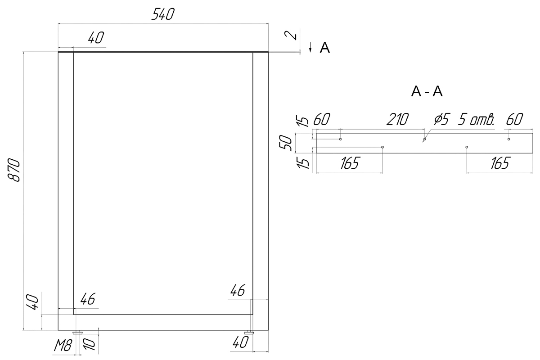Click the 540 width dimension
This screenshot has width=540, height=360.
click(163, 14)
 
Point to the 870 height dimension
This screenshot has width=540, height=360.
click(14, 170)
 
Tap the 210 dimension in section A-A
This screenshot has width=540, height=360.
click(397, 119)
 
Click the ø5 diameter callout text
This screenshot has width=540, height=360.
click(442, 119)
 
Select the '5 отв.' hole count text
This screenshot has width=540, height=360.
click(477, 119)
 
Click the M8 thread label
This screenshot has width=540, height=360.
click(63, 346)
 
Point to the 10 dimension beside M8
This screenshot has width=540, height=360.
click(89, 344)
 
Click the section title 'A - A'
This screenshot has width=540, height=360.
click(427, 92)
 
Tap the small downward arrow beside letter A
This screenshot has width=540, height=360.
click(310, 47)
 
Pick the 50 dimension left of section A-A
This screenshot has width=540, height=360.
click(286, 143)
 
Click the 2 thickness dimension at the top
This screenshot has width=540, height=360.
click(291, 35)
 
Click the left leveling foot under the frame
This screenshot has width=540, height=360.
click(77, 333)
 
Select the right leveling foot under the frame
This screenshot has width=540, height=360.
click(249, 333)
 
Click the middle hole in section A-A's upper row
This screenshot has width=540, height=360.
click(424, 139)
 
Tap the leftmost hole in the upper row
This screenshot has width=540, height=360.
click(340, 139)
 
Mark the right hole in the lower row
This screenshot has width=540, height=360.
click(467, 147)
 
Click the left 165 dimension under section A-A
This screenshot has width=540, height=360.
click(350, 163)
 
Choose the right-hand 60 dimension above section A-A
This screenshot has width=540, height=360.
click(514, 119)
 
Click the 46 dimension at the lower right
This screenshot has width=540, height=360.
click(238, 290)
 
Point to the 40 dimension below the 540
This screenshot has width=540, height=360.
click(96, 38)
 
